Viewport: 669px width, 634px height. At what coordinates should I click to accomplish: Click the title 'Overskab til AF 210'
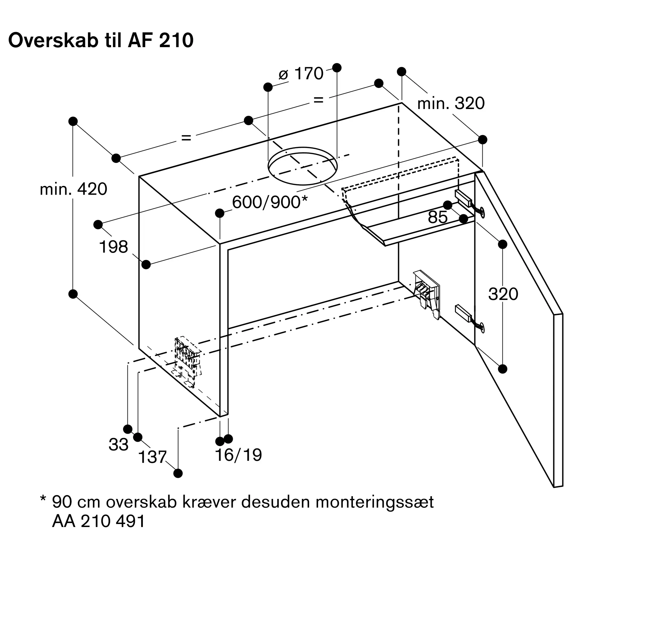click(101, 40)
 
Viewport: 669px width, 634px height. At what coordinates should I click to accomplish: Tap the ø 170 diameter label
click(301, 73)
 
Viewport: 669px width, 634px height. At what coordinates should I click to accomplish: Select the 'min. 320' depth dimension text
click(451, 103)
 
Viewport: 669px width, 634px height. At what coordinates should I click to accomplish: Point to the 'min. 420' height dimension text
click(73, 189)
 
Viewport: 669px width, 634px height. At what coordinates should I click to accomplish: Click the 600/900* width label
click(270, 202)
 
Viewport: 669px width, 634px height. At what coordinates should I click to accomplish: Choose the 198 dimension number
click(113, 247)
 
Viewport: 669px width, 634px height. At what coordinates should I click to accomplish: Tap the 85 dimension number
click(438, 217)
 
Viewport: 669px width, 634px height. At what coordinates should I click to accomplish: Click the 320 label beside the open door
click(503, 294)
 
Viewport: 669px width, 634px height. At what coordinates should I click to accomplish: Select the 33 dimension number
click(118, 445)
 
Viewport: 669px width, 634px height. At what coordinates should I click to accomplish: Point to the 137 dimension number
click(153, 457)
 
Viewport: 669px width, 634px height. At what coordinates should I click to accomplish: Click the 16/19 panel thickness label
click(238, 455)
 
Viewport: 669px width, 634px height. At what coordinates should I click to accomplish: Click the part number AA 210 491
click(98, 521)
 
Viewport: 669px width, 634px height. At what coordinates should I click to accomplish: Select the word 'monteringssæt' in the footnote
click(375, 502)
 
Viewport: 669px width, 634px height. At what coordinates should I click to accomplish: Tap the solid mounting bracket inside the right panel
click(426, 294)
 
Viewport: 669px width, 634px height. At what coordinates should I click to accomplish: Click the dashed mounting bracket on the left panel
click(187, 362)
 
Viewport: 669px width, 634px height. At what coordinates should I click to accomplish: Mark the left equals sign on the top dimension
click(186, 138)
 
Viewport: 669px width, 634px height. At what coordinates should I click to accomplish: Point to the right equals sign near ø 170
click(318, 100)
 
